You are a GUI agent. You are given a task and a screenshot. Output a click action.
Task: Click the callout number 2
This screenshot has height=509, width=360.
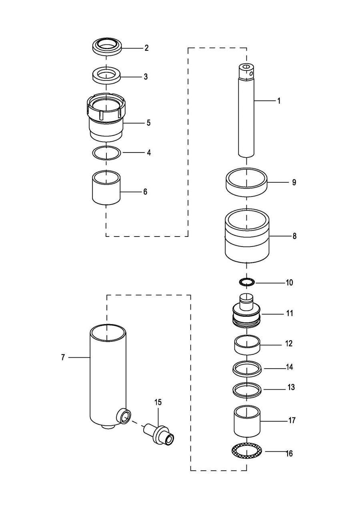[146, 48]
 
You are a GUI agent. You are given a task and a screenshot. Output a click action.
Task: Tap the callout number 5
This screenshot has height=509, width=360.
[148, 123]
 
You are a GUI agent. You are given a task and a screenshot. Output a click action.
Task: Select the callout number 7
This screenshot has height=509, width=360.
[63, 357]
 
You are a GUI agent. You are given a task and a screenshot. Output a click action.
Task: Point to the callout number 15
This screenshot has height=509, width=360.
[158, 402]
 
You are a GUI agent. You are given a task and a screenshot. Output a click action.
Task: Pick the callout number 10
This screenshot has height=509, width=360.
[289, 283]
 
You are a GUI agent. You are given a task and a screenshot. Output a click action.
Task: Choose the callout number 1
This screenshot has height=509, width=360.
[279, 101]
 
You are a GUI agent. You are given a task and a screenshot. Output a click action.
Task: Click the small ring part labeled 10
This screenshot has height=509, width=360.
[247, 283]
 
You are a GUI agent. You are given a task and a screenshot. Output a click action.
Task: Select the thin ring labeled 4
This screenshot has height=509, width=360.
[106, 153]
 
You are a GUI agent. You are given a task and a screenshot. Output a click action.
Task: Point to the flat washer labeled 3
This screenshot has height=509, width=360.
[106, 75]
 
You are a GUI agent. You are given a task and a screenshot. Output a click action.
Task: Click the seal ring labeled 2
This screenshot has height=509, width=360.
[106, 47]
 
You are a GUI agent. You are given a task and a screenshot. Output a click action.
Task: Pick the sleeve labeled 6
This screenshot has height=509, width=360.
[106, 188]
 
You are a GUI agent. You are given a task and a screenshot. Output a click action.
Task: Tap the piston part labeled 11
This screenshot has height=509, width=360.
[246, 311]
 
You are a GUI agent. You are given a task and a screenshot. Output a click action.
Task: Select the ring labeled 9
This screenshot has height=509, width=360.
[246, 182]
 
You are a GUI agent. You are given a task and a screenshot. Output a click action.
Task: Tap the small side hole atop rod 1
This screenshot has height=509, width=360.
[251, 73]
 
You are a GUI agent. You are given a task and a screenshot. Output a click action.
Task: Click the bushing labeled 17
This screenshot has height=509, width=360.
[247, 421]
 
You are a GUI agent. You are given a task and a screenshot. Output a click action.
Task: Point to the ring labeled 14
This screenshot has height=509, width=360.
[247, 367]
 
